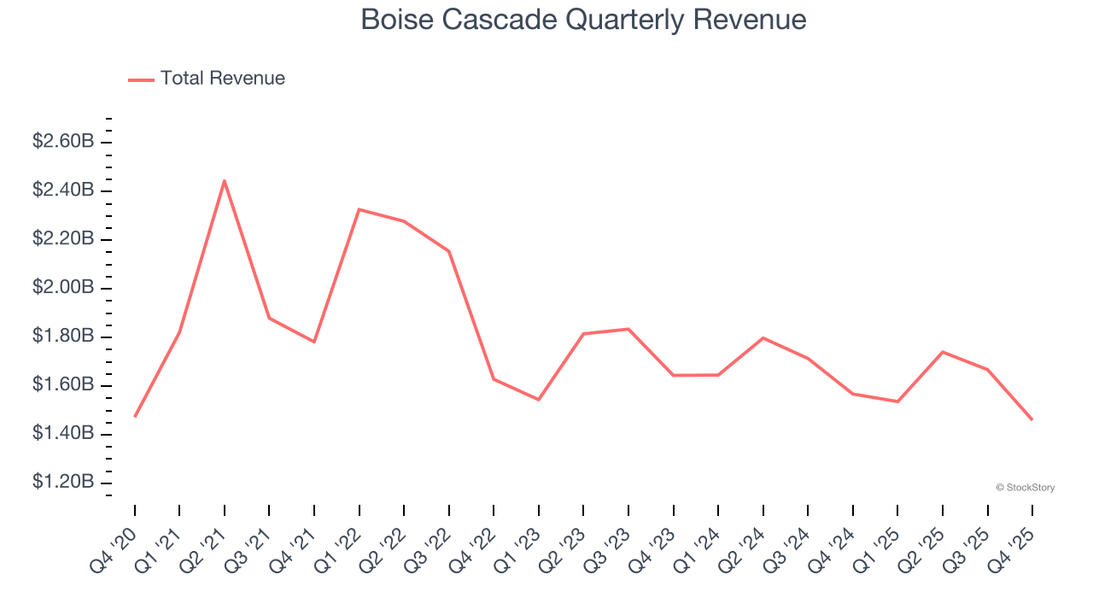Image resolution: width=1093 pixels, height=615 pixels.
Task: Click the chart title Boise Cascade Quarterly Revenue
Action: [583, 19]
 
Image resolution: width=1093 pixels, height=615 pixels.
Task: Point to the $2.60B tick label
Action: [63, 141]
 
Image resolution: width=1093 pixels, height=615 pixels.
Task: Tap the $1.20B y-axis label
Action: [63, 483]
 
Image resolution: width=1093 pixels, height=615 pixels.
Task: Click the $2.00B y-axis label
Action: [63, 287]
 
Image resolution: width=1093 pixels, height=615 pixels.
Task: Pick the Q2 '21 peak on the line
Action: [225, 180]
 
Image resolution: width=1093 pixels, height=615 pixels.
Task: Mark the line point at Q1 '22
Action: [359, 209]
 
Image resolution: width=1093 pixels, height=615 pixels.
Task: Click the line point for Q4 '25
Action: [1032, 419]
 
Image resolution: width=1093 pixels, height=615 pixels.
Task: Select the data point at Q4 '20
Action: [135, 417]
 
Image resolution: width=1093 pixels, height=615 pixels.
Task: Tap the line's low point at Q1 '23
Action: [539, 400]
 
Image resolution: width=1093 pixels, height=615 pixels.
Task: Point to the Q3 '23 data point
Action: [628, 329]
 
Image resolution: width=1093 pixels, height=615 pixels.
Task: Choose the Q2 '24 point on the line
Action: [763, 338]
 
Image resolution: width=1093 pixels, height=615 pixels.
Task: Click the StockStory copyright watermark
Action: [1025, 488]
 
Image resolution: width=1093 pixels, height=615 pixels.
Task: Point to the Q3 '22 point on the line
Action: [449, 251]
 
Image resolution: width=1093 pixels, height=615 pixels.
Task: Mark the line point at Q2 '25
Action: [943, 352]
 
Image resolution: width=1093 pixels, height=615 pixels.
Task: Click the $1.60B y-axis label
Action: [63, 385]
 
